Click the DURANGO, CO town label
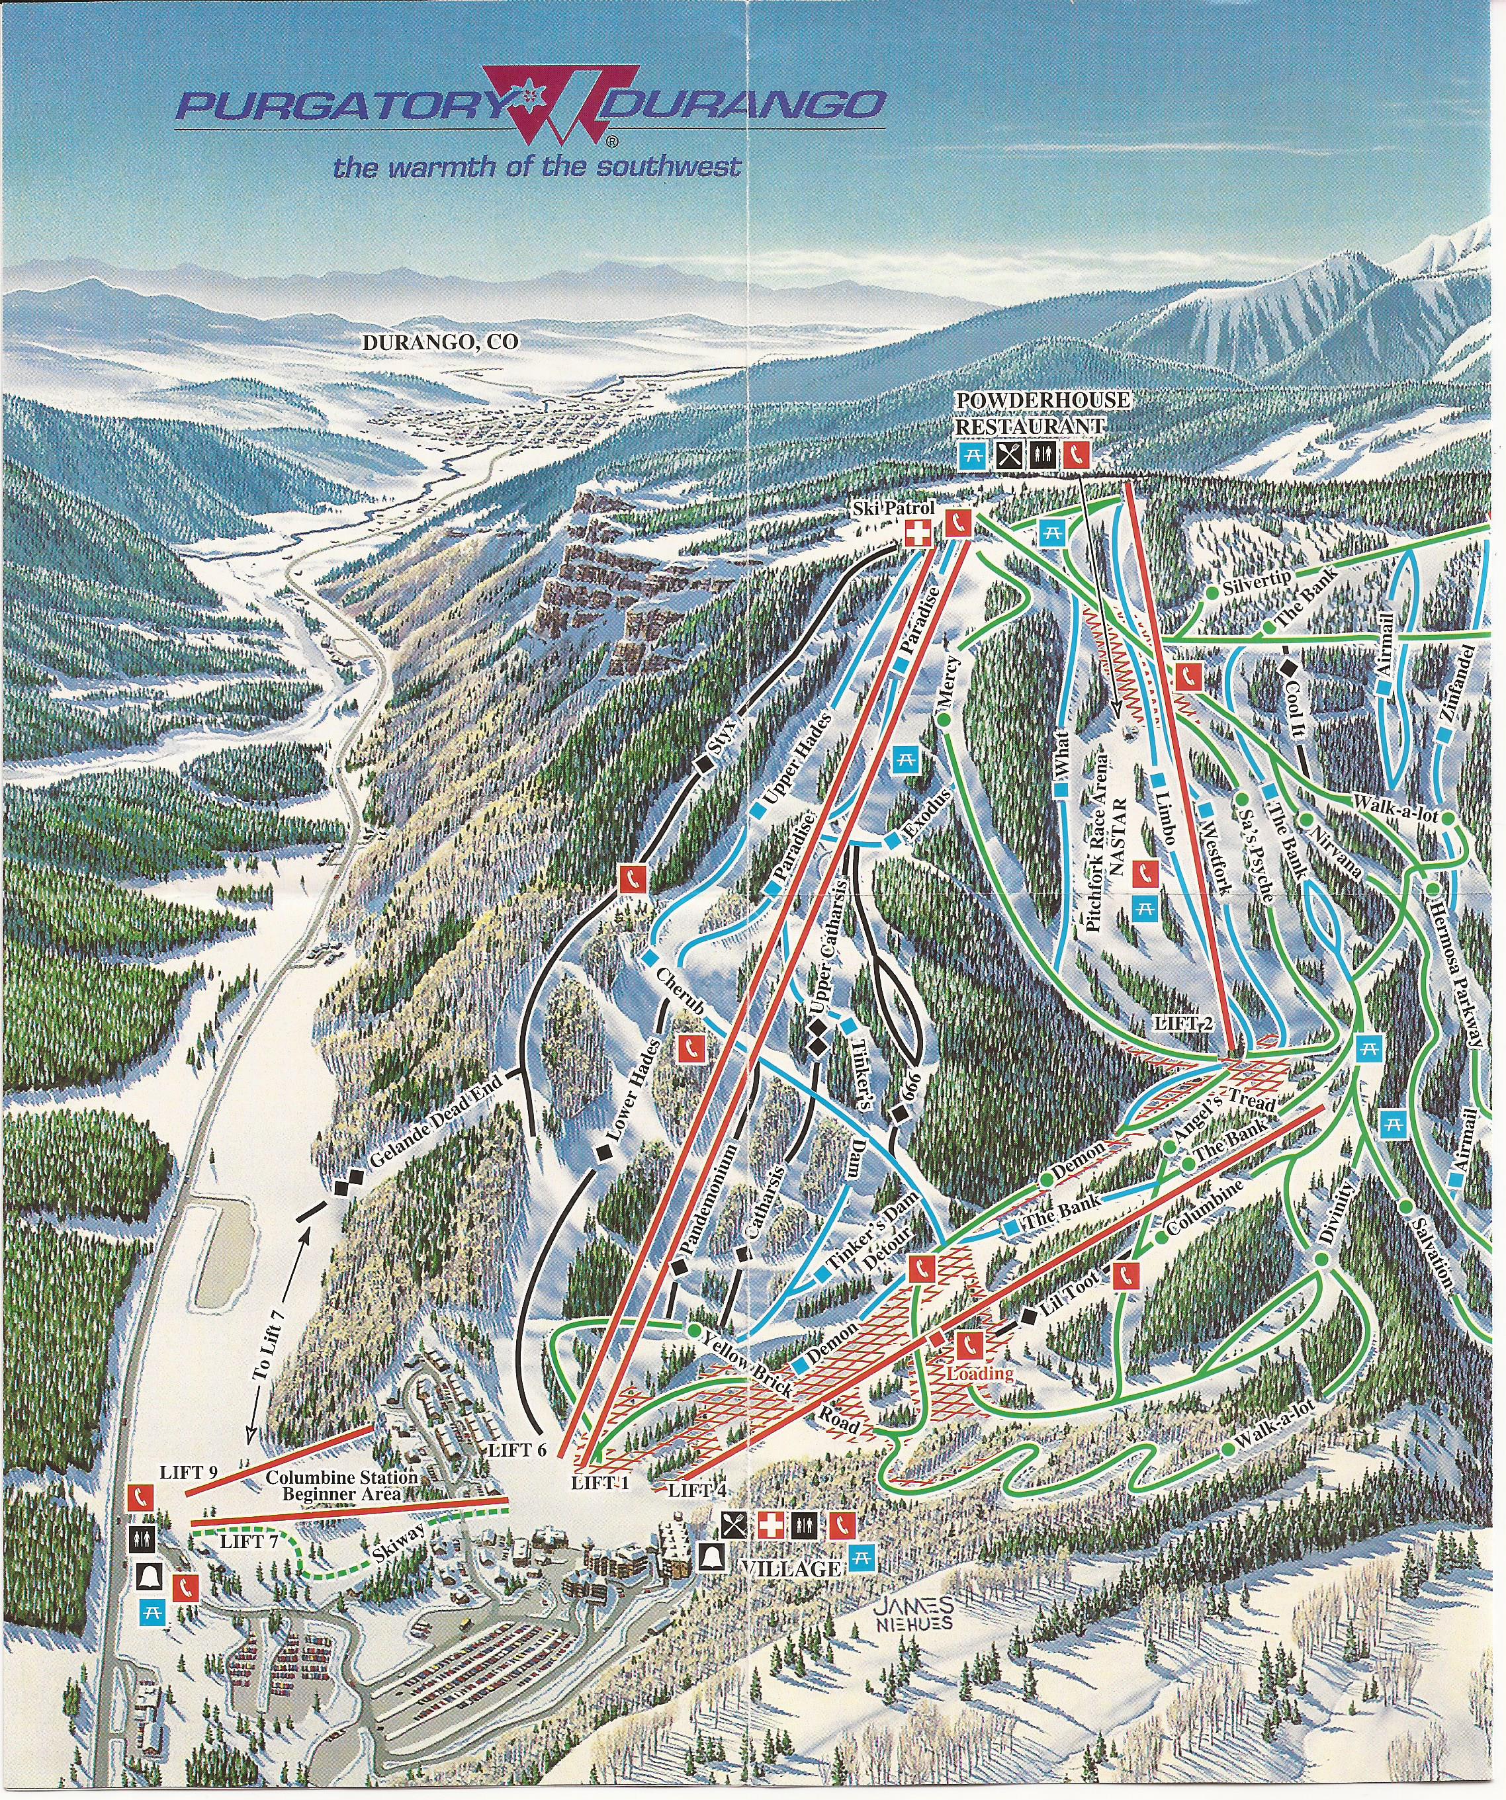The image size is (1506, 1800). pyautogui.click(x=441, y=341)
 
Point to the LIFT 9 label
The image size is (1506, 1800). pyautogui.click(x=189, y=1473)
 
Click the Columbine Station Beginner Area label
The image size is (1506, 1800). pyautogui.click(x=341, y=1486)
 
